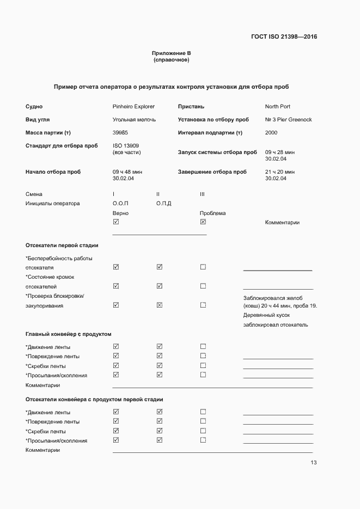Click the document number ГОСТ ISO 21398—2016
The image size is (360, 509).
[284, 37]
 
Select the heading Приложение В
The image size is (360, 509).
[171, 53]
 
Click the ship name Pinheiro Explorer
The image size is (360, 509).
[133, 107]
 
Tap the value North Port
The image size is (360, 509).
[277, 107]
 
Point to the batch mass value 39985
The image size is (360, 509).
[120, 133]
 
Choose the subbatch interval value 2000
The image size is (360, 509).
[271, 133]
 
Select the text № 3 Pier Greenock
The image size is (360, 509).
[288, 120]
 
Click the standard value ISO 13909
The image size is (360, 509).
[125, 146]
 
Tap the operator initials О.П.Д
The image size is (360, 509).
[163, 204]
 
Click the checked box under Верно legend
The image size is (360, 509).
[115, 222]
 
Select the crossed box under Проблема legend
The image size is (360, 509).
[203, 222]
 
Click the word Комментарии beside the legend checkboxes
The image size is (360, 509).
[282, 223]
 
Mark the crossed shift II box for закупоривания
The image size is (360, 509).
[160, 305]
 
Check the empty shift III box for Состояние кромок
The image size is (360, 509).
[203, 286]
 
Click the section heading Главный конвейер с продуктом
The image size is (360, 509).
[68, 334]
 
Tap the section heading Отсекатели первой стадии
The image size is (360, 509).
[62, 246]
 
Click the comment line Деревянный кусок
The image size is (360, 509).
[266, 315]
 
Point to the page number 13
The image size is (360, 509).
[313, 463]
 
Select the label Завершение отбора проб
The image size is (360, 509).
[212, 172]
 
